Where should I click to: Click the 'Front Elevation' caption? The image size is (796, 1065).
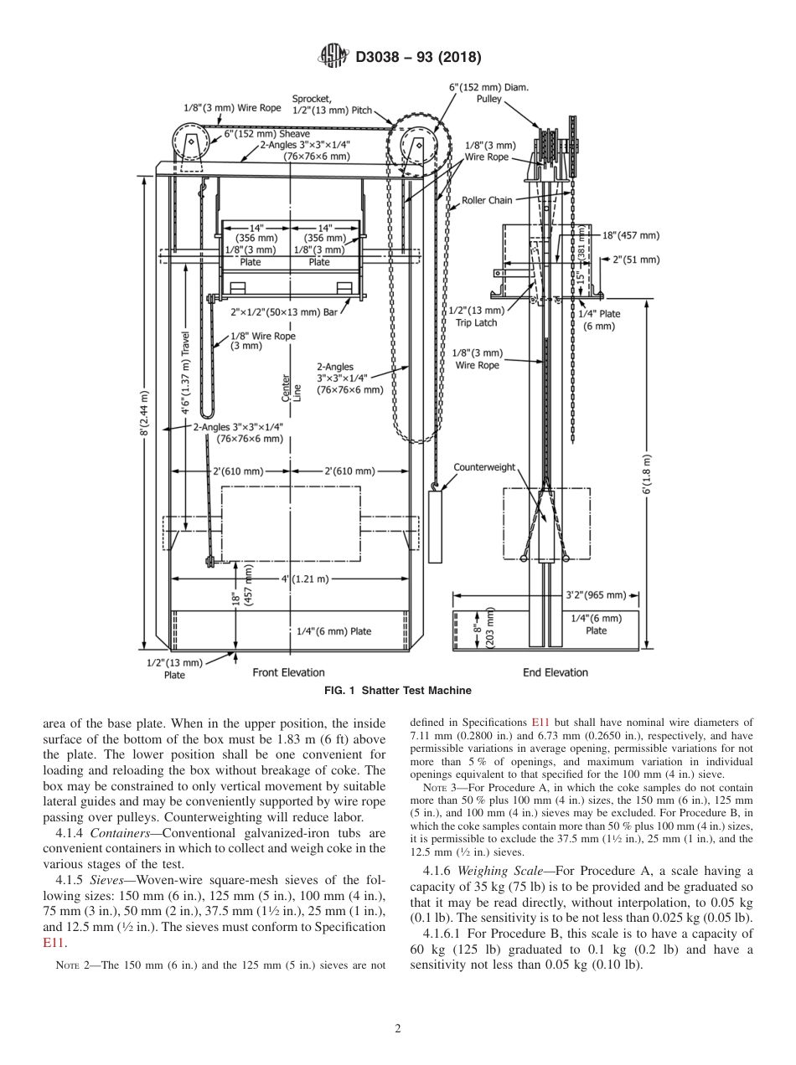[288, 672]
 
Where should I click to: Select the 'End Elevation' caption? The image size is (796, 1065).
[556, 672]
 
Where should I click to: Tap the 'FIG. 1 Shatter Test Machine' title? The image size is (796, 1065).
[397, 691]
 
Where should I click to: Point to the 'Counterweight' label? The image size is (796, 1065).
[484, 467]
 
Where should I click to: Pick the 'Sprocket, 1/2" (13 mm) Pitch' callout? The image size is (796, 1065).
[330, 104]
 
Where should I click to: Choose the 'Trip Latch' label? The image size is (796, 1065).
[476, 322]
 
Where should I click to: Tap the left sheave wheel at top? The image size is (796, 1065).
[192, 142]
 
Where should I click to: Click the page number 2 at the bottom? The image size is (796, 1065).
[398, 1028]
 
